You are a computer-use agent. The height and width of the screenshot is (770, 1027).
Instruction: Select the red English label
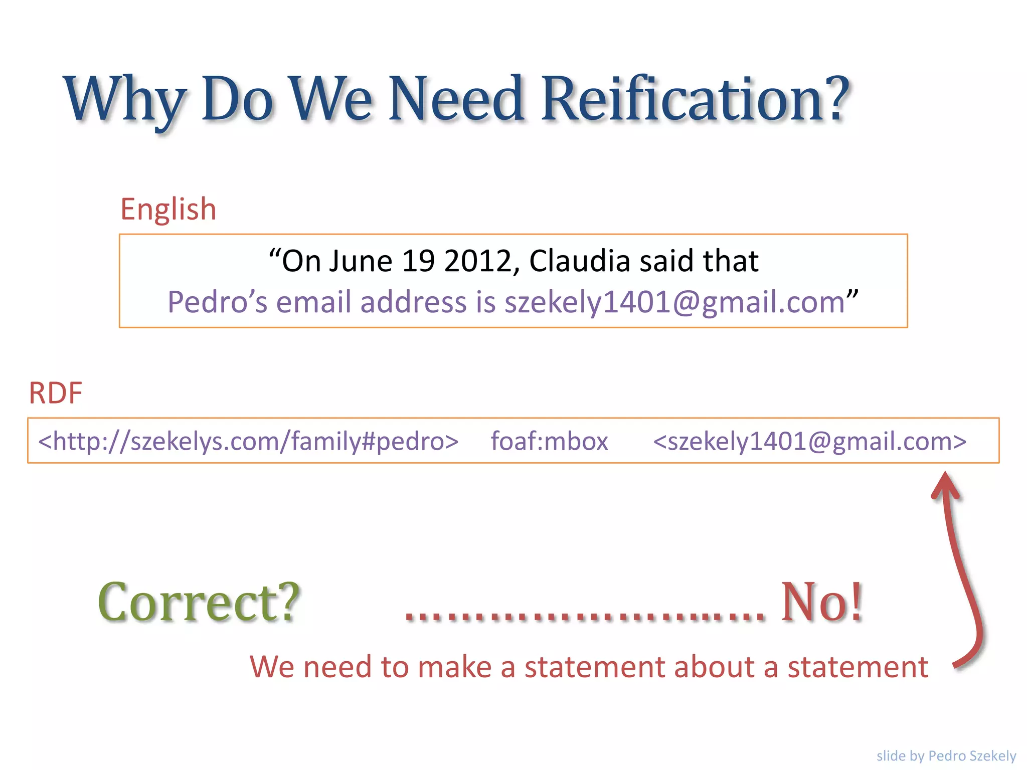coord(168,209)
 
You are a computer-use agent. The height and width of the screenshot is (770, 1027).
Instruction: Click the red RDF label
coord(55,393)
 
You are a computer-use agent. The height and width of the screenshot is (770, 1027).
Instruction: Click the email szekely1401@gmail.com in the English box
coord(674,302)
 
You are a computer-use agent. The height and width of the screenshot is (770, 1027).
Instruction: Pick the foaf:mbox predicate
coord(549,441)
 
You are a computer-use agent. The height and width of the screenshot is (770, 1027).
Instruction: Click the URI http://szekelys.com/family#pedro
coord(248,441)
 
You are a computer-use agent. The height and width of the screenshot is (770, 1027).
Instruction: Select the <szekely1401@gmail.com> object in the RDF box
coord(809,441)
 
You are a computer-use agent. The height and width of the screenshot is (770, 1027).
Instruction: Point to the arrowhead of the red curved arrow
coord(945,484)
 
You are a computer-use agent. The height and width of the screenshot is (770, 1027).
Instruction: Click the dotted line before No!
coord(584,616)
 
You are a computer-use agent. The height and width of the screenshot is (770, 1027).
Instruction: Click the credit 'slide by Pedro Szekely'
coord(946,755)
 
